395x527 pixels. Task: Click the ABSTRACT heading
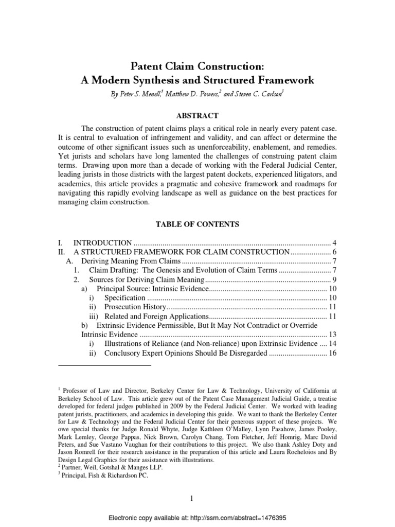pos(197,116)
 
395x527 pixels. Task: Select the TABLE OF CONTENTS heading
pos(197,224)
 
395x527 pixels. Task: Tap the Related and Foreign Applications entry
pos(156,317)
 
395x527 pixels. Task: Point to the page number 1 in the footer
pos(197,498)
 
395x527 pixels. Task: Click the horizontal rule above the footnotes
pos(105,366)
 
